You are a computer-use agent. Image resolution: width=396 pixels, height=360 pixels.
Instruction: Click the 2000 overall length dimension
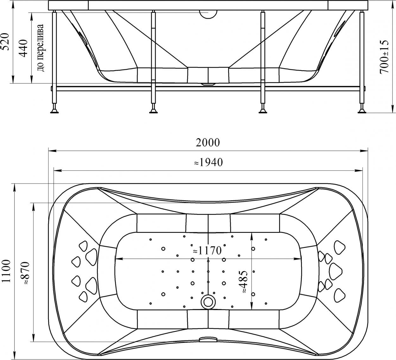(x=208, y=142)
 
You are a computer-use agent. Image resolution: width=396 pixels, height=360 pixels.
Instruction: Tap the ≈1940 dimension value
(x=208, y=162)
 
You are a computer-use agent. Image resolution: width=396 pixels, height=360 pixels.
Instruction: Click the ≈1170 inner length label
(x=207, y=251)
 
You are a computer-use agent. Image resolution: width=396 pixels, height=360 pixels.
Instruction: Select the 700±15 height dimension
(x=384, y=57)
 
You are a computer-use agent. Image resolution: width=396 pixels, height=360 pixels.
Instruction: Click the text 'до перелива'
(x=41, y=48)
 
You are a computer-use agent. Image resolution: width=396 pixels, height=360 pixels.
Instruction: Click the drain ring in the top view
(x=208, y=302)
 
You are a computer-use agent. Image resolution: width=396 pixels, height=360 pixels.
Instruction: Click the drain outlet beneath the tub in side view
(x=208, y=84)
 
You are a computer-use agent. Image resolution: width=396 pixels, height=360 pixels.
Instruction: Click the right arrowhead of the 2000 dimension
(x=364, y=151)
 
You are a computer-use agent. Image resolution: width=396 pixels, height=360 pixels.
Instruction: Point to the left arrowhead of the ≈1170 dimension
(x=118, y=259)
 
